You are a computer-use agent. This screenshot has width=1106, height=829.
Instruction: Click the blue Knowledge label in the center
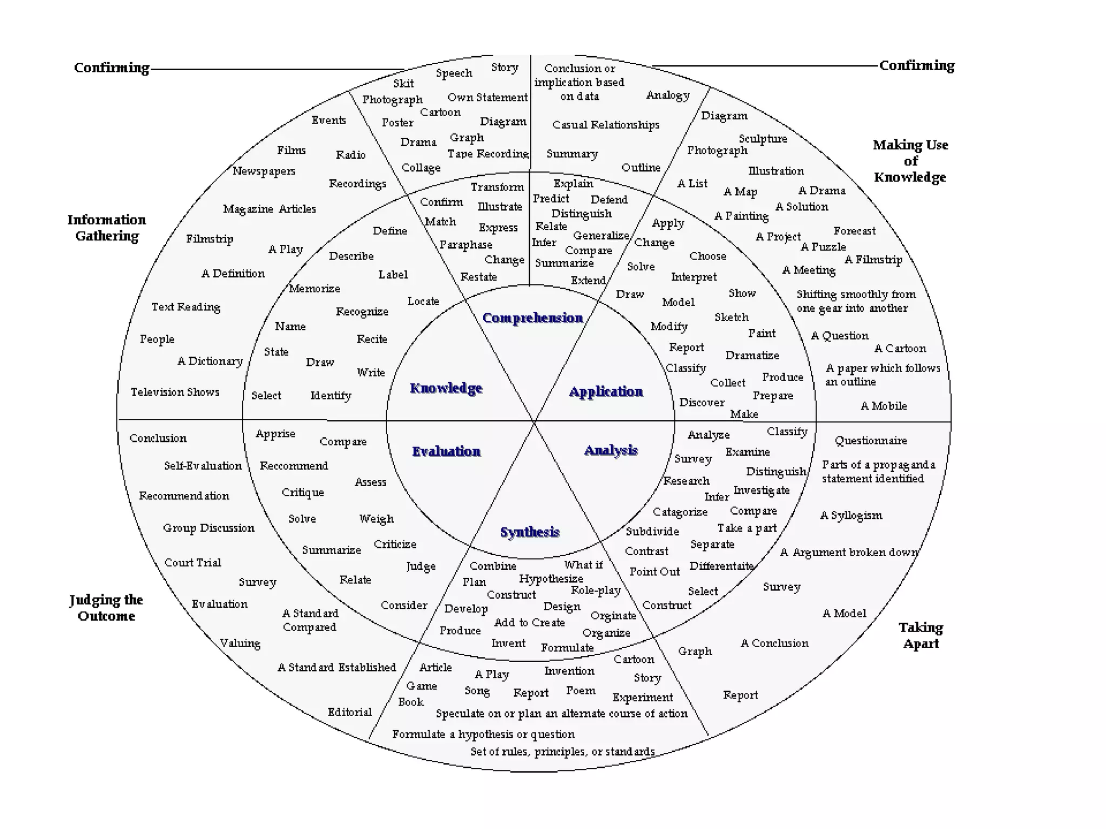(x=446, y=388)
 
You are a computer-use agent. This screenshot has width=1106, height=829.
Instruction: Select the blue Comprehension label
(x=532, y=318)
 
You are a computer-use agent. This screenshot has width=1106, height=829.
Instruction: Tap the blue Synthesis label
(x=530, y=532)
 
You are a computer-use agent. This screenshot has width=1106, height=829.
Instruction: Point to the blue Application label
(x=606, y=391)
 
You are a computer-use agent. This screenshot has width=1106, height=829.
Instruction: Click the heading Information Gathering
(x=107, y=228)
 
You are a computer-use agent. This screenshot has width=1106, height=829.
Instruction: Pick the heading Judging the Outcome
(x=106, y=608)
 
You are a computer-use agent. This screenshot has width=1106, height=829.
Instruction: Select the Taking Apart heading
(x=921, y=635)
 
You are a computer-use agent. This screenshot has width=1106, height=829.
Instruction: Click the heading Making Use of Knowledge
(x=911, y=161)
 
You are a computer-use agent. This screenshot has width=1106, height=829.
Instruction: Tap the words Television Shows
(x=175, y=392)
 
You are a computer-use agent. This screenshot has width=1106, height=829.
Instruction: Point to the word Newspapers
(x=264, y=171)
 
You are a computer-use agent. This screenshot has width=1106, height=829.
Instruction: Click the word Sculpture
(x=763, y=139)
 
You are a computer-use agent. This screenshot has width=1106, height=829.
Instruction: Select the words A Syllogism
(x=851, y=515)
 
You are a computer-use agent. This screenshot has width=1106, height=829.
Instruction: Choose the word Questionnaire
(x=871, y=440)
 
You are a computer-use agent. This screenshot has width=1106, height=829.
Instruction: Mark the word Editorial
(x=349, y=712)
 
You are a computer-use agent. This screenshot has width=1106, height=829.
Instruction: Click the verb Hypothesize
(x=551, y=579)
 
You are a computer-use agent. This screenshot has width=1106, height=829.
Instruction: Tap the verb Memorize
(x=314, y=288)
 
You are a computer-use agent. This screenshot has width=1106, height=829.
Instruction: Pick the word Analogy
(x=668, y=95)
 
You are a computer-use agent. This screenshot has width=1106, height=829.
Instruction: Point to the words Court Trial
(x=193, y=562)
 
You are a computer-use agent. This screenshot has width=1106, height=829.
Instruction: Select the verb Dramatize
(x=752, y=355)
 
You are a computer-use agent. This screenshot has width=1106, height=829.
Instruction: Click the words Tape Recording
(x=488, y=154)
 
